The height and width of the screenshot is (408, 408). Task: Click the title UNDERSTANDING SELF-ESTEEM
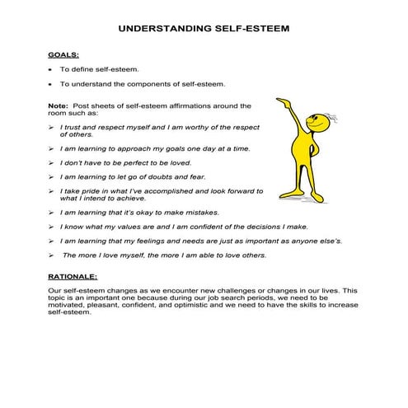(204, 27)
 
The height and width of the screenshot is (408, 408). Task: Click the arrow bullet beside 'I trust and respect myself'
(51, 127)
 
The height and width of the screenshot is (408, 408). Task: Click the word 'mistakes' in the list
(203, 212)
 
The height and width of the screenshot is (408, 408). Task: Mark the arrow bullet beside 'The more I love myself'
(51, 256)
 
